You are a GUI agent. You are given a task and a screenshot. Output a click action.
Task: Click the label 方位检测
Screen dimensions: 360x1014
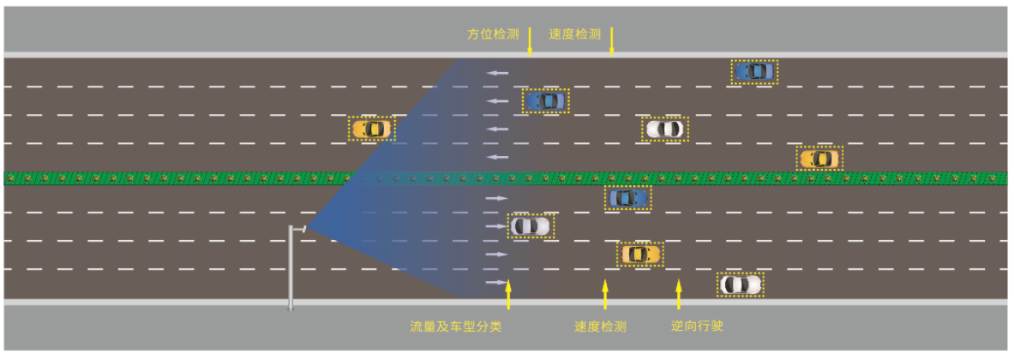click(493, 34)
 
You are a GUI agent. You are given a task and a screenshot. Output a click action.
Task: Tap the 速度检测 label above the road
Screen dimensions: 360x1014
click(575, 34)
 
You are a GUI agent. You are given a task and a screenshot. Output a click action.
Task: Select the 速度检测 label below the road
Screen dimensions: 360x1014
click(600, 327)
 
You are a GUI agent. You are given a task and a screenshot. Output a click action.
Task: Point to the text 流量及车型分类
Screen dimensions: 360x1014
click(455, 327)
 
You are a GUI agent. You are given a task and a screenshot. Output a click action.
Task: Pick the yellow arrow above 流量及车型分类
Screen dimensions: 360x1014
click(508, 294)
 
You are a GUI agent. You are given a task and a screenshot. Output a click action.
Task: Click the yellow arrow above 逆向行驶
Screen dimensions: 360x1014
click(679, 294)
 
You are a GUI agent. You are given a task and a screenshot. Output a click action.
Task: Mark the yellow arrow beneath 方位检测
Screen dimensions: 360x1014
click(530, 42)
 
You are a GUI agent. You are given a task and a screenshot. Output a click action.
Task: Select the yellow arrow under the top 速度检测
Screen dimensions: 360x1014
click(611, 42)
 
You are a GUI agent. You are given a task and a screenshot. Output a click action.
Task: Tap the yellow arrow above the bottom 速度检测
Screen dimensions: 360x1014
click(604, 294)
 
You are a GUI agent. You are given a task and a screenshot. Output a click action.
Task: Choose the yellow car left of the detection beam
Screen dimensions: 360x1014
click(371, 129)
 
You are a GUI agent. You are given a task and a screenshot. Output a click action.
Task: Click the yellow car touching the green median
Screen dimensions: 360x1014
click(819, 159)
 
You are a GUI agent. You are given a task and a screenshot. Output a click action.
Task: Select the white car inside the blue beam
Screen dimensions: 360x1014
click(531, 226)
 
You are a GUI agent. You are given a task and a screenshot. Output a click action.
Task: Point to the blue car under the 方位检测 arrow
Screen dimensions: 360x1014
click(545, 101)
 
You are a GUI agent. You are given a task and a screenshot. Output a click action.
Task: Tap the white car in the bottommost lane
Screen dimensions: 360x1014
click(741, 284)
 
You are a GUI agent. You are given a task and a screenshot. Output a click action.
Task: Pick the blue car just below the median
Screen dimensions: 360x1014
click(628, 198)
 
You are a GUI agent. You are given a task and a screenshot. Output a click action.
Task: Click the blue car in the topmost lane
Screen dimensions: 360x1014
click(754, 71)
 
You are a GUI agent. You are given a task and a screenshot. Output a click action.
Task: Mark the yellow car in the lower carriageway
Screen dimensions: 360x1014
click(639, 254)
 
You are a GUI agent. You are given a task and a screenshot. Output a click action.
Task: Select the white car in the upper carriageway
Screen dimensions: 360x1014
click(664, 129)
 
